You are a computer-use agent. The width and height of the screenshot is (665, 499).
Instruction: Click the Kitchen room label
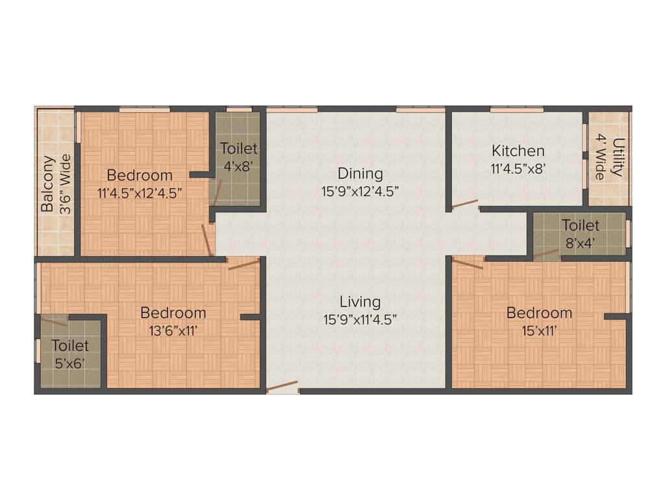coord(518,151)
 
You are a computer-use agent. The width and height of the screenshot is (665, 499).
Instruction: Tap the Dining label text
coord(360,173)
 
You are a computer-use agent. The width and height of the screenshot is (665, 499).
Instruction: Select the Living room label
coord(360,301)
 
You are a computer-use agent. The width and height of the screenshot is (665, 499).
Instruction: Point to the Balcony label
coord(47,184)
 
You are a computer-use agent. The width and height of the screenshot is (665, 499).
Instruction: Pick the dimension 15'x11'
coord(539,330)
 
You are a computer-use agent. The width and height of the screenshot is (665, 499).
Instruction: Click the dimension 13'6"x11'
coord(173,330)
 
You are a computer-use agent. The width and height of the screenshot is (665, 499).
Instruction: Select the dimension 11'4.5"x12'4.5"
coord(140,192)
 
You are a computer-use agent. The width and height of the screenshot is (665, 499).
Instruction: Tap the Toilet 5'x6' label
coord(70,354)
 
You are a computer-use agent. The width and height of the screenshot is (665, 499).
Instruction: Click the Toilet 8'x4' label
coord(580,234)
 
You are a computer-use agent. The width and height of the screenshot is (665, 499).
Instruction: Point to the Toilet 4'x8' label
coord(238,157)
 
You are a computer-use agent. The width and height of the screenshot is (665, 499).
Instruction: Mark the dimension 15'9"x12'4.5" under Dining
coord(360,191)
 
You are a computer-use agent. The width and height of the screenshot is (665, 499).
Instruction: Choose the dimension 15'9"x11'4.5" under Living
coord(360,319)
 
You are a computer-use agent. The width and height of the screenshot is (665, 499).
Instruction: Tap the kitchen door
coord(465,204)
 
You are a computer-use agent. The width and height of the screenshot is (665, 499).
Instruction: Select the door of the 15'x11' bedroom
coord(468,263)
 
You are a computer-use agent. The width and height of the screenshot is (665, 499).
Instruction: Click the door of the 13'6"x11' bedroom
coord(244,263)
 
